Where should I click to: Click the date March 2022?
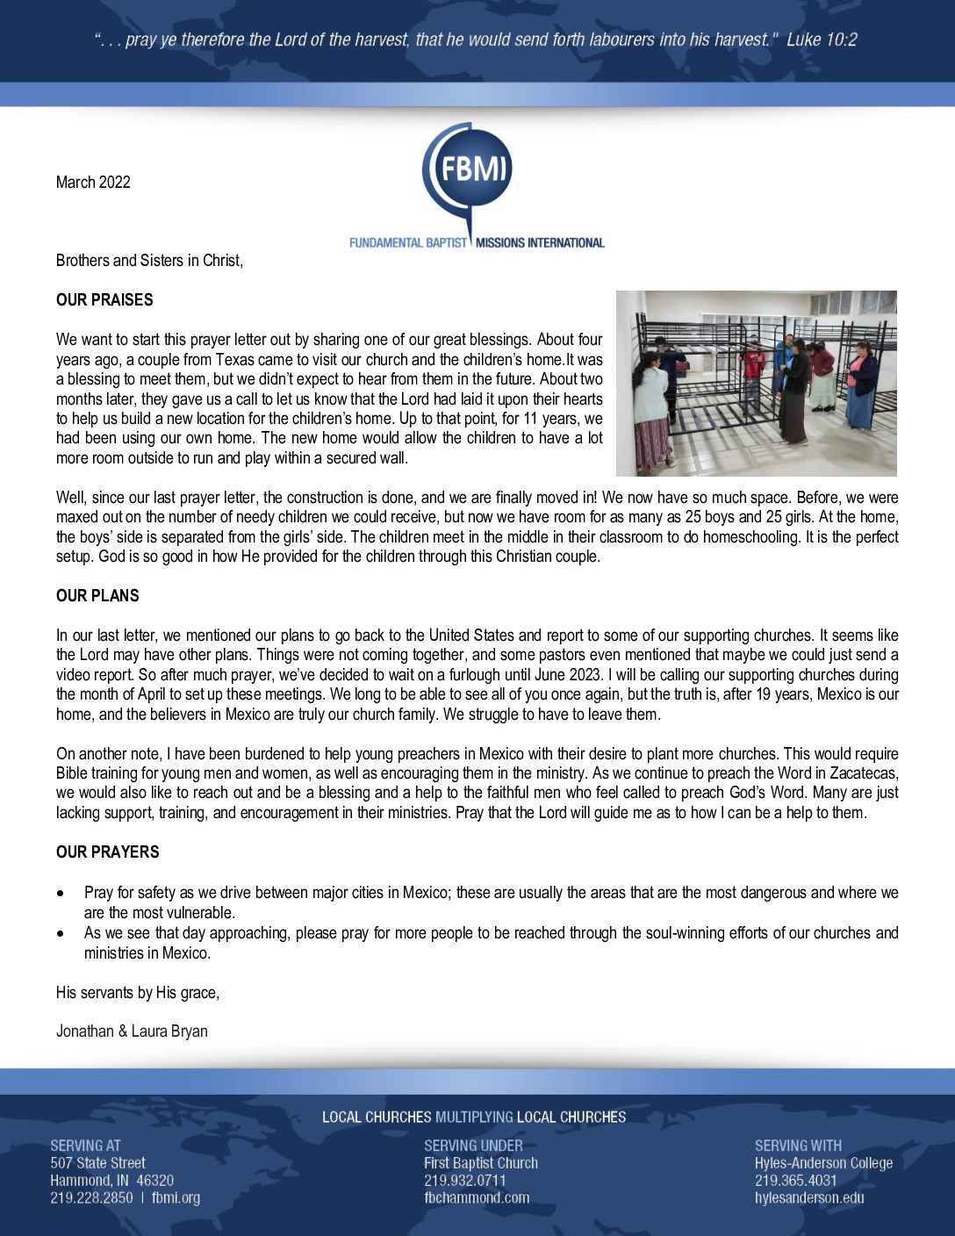point(93,183)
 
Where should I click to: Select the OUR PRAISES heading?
point(104,300)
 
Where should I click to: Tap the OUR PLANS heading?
point(97,596)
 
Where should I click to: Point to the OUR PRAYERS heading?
point(108,852)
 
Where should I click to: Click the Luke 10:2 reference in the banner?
point(822,40)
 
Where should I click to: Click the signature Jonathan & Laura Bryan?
point(132,1031)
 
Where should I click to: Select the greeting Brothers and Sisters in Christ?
point(149,261)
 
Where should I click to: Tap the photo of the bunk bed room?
point(756,383)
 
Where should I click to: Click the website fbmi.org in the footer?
point(176,1198)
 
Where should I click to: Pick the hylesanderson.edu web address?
point(809,1198)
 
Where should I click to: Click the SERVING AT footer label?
point(85,1146)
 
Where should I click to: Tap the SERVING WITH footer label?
point(798,1146)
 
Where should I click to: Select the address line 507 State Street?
point(97,1163)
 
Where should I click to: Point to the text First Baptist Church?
point(481,1163)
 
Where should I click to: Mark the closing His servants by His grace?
point(138,993)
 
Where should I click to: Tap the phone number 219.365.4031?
point(796,1181)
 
